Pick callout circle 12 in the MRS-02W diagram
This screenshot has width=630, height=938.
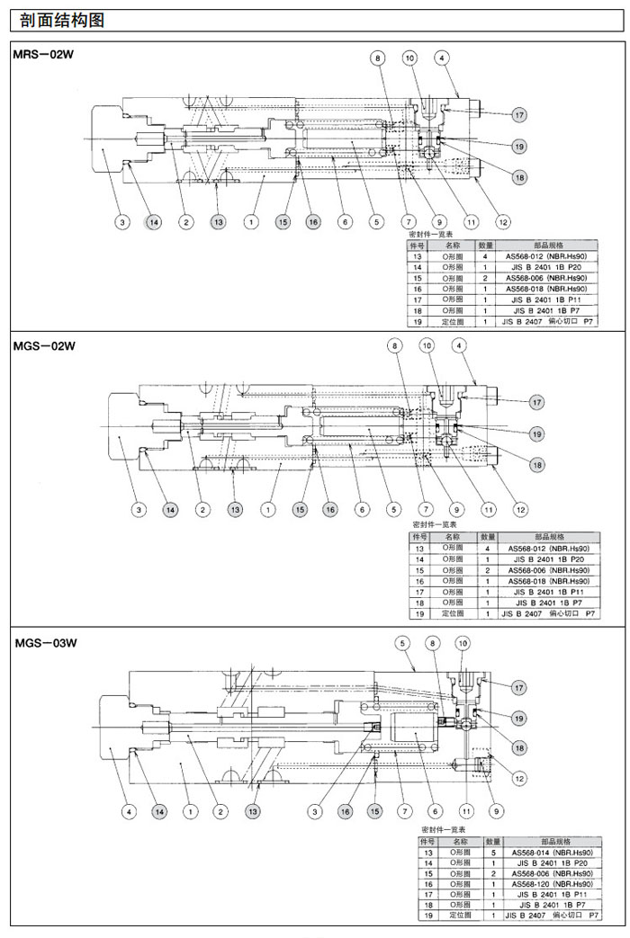coord(503,221)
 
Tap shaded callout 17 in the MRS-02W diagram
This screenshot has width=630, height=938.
coord(519,114)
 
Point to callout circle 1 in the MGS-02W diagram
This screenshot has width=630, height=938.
coord(267,510)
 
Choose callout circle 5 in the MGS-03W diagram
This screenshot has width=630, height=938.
coord(402,642)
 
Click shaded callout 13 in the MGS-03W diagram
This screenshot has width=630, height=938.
coord(253,811)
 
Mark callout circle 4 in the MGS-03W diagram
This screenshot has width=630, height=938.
coord(129,811)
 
